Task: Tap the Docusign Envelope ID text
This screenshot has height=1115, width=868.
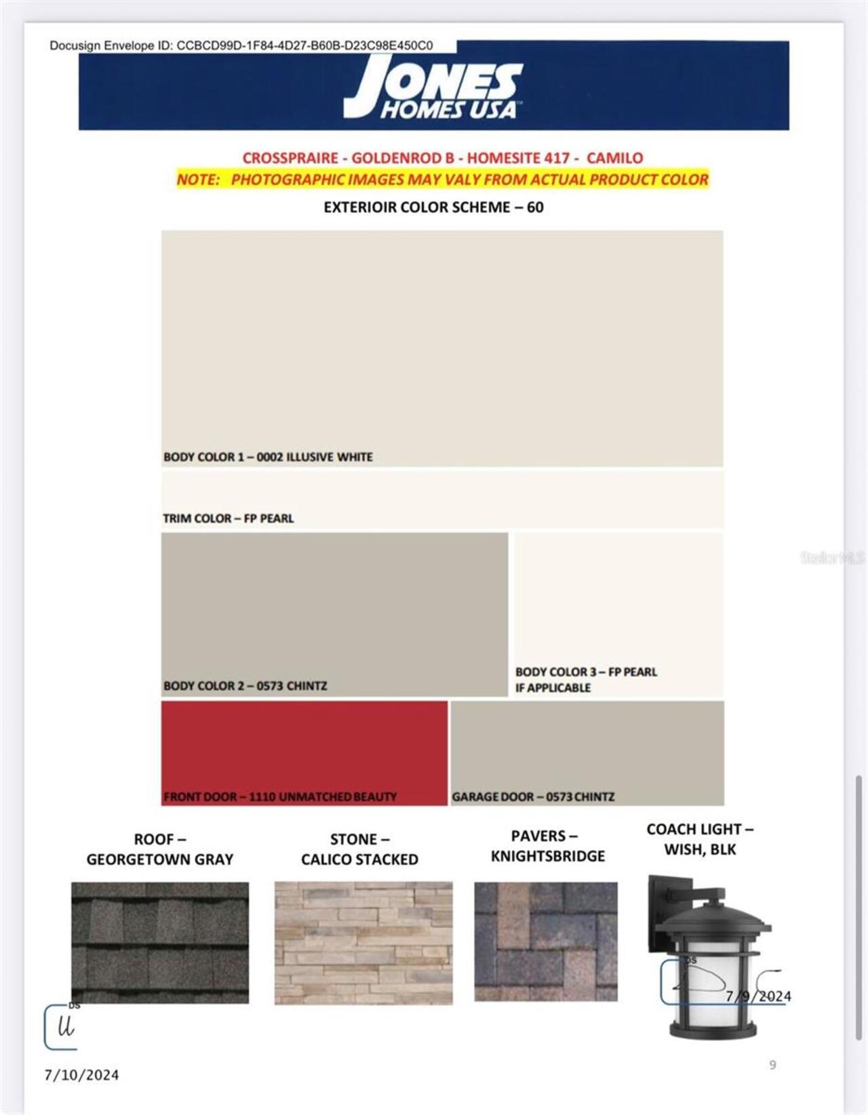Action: tap(241, 45)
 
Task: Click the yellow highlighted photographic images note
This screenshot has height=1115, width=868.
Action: tap(442, 180)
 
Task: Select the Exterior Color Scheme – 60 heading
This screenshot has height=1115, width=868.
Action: tap(433, 207)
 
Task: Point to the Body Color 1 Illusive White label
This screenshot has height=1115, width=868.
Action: tap(268, 457)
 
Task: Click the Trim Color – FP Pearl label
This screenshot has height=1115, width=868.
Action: tap(228, 519)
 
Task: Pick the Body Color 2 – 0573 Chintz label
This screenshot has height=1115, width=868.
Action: tap(245, 686)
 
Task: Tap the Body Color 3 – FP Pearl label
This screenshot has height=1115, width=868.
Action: tap(586, 672)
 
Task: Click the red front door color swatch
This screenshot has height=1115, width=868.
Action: tap(304, 746)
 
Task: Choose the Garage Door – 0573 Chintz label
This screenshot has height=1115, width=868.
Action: tap(533, 797)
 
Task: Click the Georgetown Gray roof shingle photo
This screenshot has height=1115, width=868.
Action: tap(160, 942)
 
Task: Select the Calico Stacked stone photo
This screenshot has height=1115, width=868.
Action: tap(363, 942)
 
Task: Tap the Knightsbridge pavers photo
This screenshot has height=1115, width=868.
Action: tap(546, 941)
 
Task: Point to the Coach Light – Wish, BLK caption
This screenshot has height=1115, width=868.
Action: tap(700, 839)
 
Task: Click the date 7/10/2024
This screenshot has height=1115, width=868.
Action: tap(82, 1075)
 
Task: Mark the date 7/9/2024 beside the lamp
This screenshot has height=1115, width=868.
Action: tap(758, 996)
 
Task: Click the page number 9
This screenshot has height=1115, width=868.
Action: tap(772, 1065)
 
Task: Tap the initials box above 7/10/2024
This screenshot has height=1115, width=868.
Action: tap(62, 1028)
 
